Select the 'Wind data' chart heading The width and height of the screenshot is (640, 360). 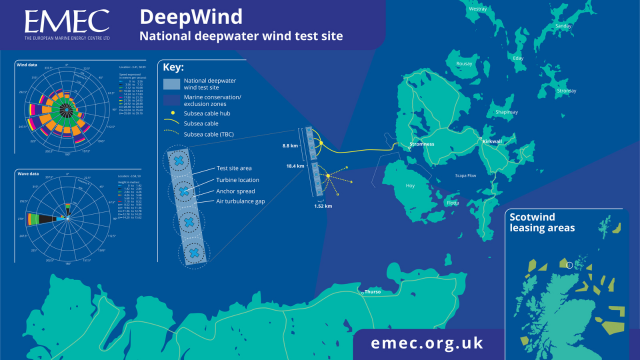27,65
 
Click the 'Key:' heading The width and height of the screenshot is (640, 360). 171,71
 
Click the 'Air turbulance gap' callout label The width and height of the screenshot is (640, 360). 249,202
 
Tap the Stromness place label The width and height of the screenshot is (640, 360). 424,145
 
